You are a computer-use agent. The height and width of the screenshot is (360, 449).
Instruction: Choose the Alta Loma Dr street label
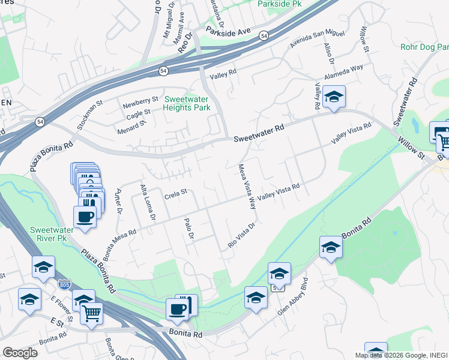(147, 201)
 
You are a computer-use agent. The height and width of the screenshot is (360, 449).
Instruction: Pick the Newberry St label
(140, 100)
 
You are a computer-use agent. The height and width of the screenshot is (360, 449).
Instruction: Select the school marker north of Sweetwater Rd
(333, 97)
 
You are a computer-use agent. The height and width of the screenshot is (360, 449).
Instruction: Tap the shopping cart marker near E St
(91, 312)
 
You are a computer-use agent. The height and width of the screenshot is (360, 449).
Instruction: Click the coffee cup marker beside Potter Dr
(85, 217)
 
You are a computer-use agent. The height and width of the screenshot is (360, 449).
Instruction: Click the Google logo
(20, 353)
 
